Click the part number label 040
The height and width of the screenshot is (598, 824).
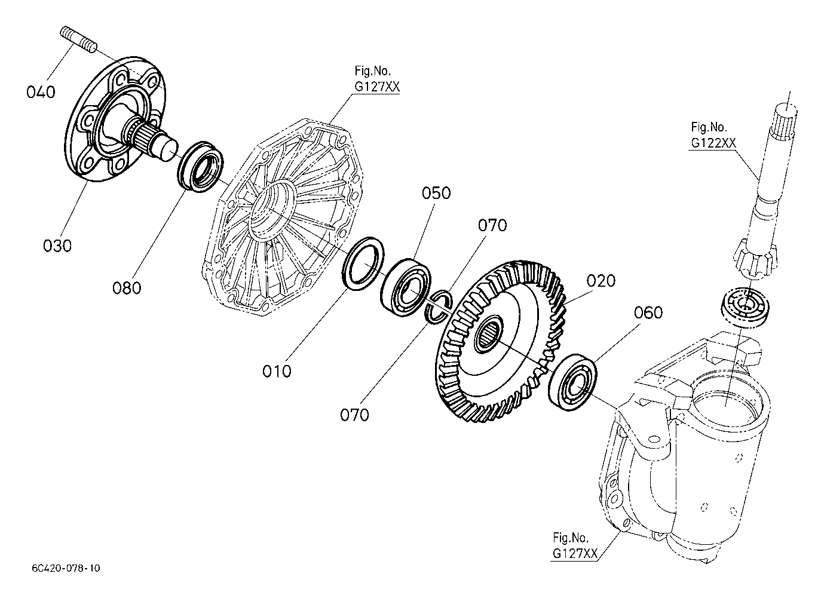(41, 92)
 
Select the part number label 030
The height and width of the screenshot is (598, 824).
(57, 246)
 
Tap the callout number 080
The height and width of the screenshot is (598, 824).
(127, 288)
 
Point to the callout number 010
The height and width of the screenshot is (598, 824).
(277, 372)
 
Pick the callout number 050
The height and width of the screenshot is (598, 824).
(436, 193)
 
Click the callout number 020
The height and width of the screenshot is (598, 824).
(601, 281)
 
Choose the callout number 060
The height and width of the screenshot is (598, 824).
(648, 312)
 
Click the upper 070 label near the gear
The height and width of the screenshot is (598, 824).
(492, 225)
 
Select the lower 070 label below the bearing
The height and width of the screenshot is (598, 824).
(354, 415)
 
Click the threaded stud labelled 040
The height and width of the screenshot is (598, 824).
(78, 39)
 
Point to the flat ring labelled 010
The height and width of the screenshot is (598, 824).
(363, 264)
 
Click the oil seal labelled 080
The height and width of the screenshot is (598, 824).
(201, 166)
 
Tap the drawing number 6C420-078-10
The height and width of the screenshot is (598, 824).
(66, 568)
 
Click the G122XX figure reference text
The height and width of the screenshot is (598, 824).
(713, 143)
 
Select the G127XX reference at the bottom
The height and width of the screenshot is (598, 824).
(575, 553)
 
